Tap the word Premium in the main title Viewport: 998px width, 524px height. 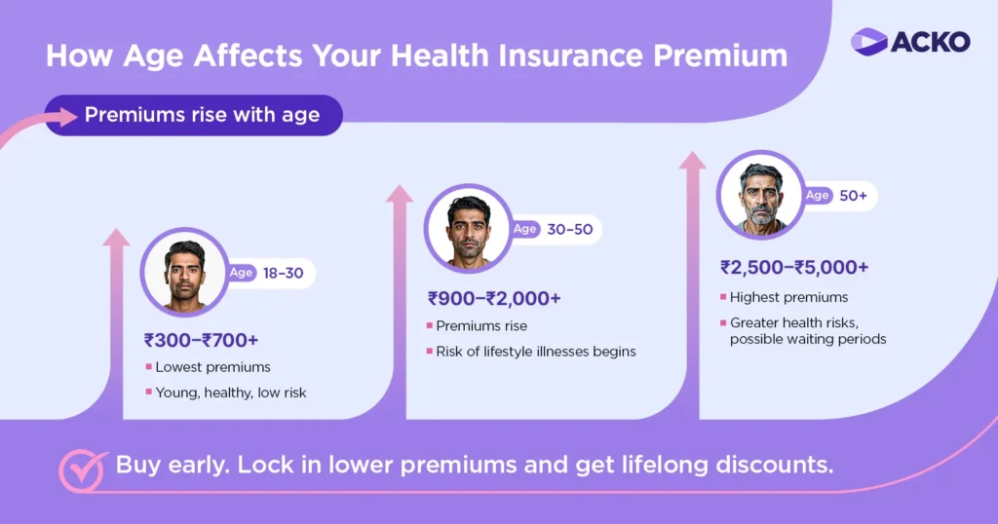pyautogui.click(x=720, y=55)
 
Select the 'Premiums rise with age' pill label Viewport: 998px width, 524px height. pyautogui.click(x=202, y=115)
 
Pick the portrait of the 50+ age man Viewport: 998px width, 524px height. pyautogui.click(x=760, y=195)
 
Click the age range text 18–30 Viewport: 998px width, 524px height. pyautogui.click(x=283, y=273)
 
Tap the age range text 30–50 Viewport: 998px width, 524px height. pyautogui.click(x=568, y=229)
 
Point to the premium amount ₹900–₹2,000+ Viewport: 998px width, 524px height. pyautogui.click(x=494, y=298)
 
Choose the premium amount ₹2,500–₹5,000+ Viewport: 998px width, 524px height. pyautogui.click(x=794, y=267)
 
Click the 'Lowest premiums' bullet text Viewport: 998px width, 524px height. pyautogui.click(x=212, y=367)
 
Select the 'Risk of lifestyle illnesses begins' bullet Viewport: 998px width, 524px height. pyautogui.click(x=535, y=351)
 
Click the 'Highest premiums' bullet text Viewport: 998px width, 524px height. pyautogui.click(x=789, y=297)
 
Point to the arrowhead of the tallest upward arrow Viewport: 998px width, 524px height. pyautogui.click(x=692, y=160)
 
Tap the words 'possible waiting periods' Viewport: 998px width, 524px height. pyautogui.click(x=808, y=339)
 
